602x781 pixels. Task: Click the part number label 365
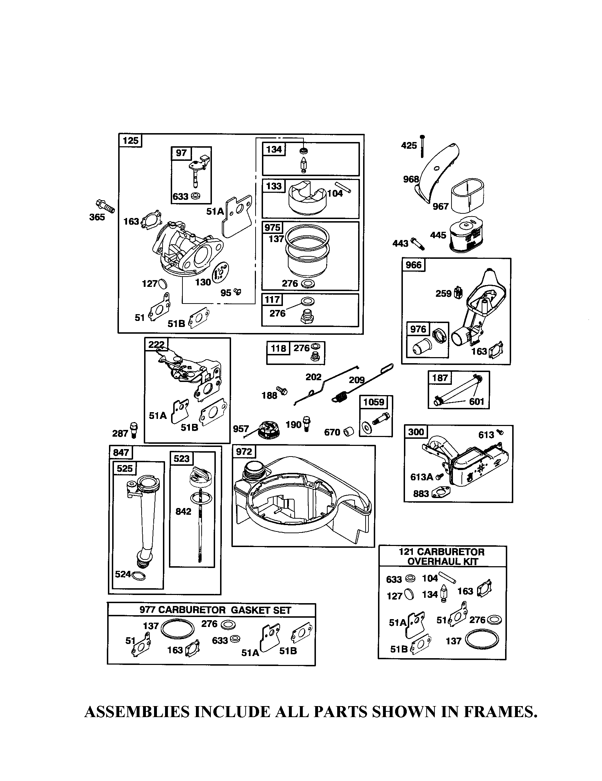pos(97,217)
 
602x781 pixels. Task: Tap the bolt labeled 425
pos(422,146)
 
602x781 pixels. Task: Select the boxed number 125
pos(130,141)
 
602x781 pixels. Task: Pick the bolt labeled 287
pos(135,430)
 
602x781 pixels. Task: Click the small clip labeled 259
pos(458,293)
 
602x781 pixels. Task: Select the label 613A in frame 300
pos(421,477)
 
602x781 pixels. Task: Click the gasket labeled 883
pos(441,493)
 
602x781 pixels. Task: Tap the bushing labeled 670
pos(349,431)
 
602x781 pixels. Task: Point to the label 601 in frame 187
pos(476,402)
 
